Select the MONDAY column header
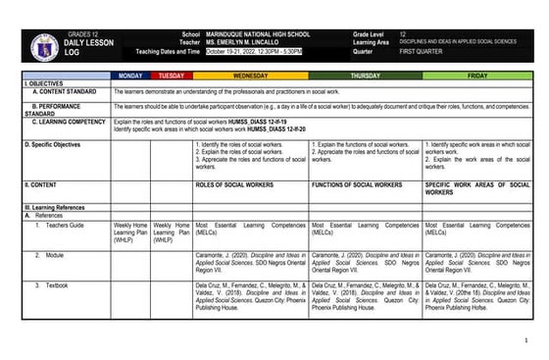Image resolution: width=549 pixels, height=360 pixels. click(130, 76)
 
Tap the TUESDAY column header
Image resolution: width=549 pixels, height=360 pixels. click(172, 76)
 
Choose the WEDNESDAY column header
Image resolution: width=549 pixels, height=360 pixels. click(250, 76)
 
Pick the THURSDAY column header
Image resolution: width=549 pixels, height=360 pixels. click(366, 76)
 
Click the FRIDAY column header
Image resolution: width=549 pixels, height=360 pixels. click(480, 76)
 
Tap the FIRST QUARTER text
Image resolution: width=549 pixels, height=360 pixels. click(430, 52)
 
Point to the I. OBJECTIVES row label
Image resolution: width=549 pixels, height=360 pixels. click(44, 83)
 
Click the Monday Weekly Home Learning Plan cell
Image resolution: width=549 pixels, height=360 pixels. click(130, 231)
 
